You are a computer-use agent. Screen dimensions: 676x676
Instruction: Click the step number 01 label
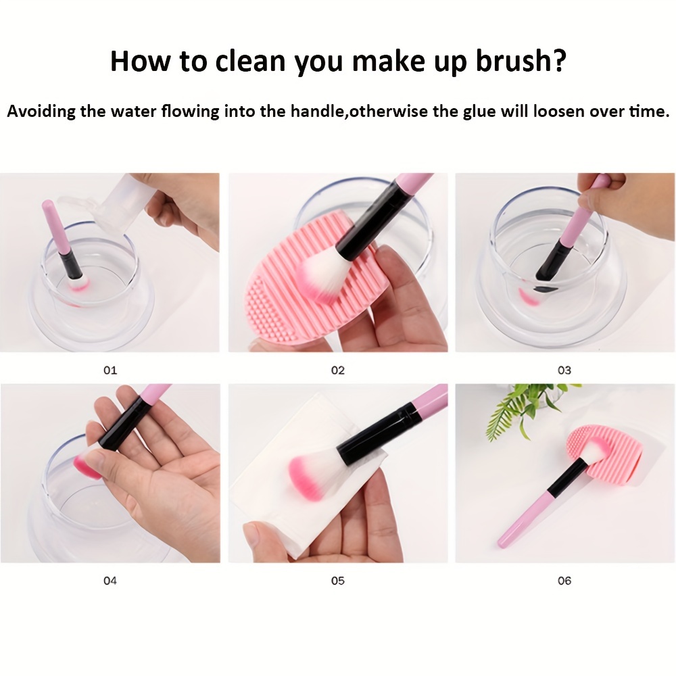point(110,370)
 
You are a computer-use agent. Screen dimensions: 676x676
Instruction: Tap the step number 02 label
point(337,370)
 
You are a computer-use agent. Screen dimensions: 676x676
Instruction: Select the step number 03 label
point(564,370)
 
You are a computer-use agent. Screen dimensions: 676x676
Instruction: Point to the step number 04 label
point(110,581)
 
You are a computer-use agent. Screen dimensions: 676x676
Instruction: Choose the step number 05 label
point(337,581)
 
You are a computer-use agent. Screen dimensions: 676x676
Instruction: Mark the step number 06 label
point(564,581)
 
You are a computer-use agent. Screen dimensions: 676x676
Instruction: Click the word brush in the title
point(521,61)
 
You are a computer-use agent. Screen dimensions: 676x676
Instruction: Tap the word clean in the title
point(250,61)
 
